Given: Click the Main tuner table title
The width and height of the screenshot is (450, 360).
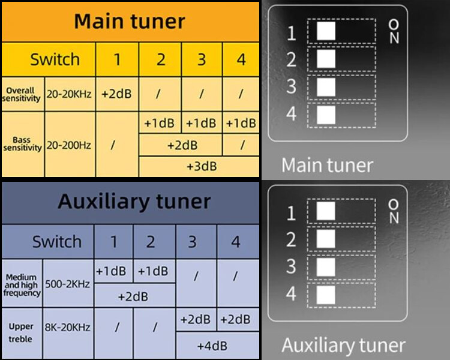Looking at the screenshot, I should point(130,22).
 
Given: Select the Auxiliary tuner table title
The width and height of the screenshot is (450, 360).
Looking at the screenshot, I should point(134,201).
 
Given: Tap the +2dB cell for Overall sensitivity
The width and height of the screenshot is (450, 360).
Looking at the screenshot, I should point(117,94).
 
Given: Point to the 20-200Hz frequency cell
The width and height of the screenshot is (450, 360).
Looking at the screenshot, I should point(69,145).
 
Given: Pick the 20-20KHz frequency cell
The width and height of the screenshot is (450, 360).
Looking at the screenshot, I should point(69,94).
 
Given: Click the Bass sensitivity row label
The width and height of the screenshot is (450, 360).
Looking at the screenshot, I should point(22,145).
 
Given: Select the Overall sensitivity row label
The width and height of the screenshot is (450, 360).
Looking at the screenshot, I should point(22,94).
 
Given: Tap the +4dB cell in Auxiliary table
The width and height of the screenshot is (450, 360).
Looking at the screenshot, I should point(212,346).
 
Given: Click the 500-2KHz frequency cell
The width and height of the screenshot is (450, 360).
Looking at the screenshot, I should point(67,283).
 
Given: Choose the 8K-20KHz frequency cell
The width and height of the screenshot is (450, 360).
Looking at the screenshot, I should point(67,328).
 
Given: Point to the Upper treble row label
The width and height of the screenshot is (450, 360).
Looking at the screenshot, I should point(21,332).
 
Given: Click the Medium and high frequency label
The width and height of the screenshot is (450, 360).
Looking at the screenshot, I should point(22,285).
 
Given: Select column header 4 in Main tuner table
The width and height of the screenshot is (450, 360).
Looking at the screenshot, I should point(241,60).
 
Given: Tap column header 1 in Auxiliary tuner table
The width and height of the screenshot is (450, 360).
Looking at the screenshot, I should point(113,242).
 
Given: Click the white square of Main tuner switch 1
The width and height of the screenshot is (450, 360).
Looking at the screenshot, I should point(326,31).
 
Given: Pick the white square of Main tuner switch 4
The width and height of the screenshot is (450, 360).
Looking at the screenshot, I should point(326,114).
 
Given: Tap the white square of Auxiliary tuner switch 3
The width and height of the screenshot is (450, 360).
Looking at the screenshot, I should point(326,266).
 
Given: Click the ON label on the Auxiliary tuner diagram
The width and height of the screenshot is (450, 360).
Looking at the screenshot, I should point(394,211).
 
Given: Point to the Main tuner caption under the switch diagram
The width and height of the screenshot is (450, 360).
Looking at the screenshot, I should point(327,165).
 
